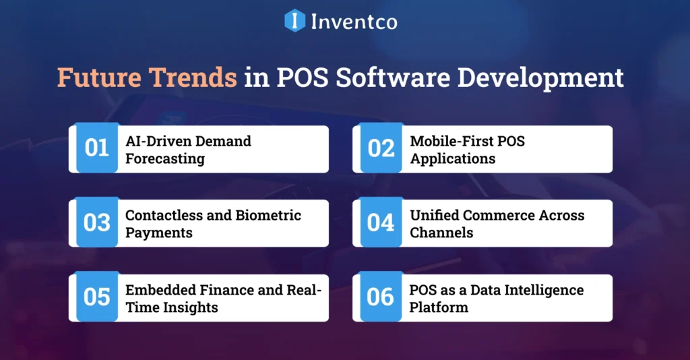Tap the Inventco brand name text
pyautogui.click(x=354, y=22)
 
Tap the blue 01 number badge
pyautogui.click(x=96, y=148)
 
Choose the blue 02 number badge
pyautogui.click(x=381, y=148)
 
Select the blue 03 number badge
pyautogui.click(x=96, y=222)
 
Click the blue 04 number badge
pyautogui.click(x=381, y=222)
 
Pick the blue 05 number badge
pyautogui.click(x=96, y=297)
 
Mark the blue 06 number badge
pyautogui.click(x=381, y=297)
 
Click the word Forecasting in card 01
pyautogui.click(x=165, y=159)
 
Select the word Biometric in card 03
pyautogui.click(x=268, y=216)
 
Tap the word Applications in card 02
pyautogui.click(x=453, y=159)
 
